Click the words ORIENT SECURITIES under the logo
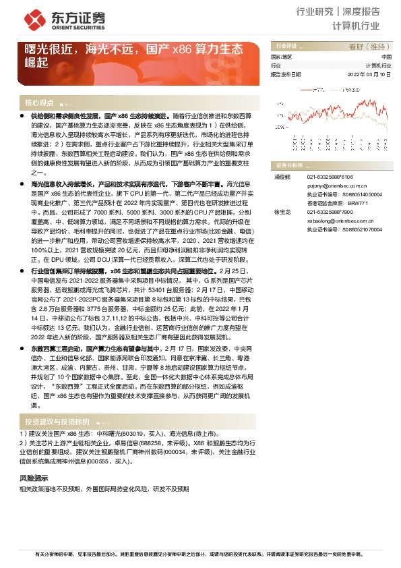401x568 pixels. pyautogui.click(x=65, y=28)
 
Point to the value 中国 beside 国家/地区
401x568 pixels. pyautogui.click(x=386, y=58)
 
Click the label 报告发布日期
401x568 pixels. pyautogui.click(x=286, y=74)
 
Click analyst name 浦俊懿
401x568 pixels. pyautogui.click(x=281, y=177)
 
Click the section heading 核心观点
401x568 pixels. pyautogui.click(x=39, y=103)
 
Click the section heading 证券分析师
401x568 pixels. pyautogui.click(x=290, y=165)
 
